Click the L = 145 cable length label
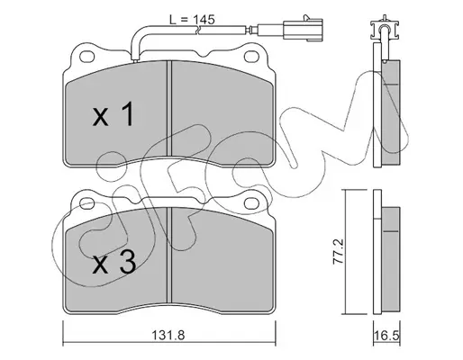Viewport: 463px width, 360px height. pos(192,20)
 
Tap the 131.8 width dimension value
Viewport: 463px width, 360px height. pos(168,335)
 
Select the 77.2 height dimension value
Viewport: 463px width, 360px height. pos(338,251)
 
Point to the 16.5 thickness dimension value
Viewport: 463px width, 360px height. pos(387,336)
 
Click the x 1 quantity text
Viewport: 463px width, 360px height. pos(113,114)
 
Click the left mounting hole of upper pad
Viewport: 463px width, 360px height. pos(87,57)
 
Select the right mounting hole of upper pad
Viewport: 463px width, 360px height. pos(251,57)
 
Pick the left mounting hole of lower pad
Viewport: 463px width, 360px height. pos(87,203)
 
